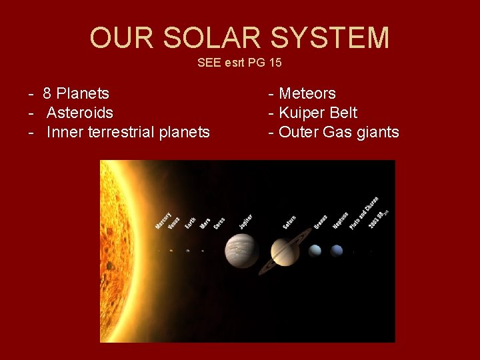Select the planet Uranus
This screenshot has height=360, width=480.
click(x=315, y=251)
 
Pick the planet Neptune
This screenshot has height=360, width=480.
click(x=337, y=251)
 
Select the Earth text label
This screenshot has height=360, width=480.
click(x=190, y=221)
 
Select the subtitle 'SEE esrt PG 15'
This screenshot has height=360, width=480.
click(x=239, y=63)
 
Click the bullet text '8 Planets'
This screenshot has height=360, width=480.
click(x=76, y=93)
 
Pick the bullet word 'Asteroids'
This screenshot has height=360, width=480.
click(x=79, y=113)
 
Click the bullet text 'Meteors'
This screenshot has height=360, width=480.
click(x=307, y=93)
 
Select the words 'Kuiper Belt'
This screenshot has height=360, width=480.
click(x=317, y=113)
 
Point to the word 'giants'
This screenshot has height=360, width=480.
click(x=377, y=132)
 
